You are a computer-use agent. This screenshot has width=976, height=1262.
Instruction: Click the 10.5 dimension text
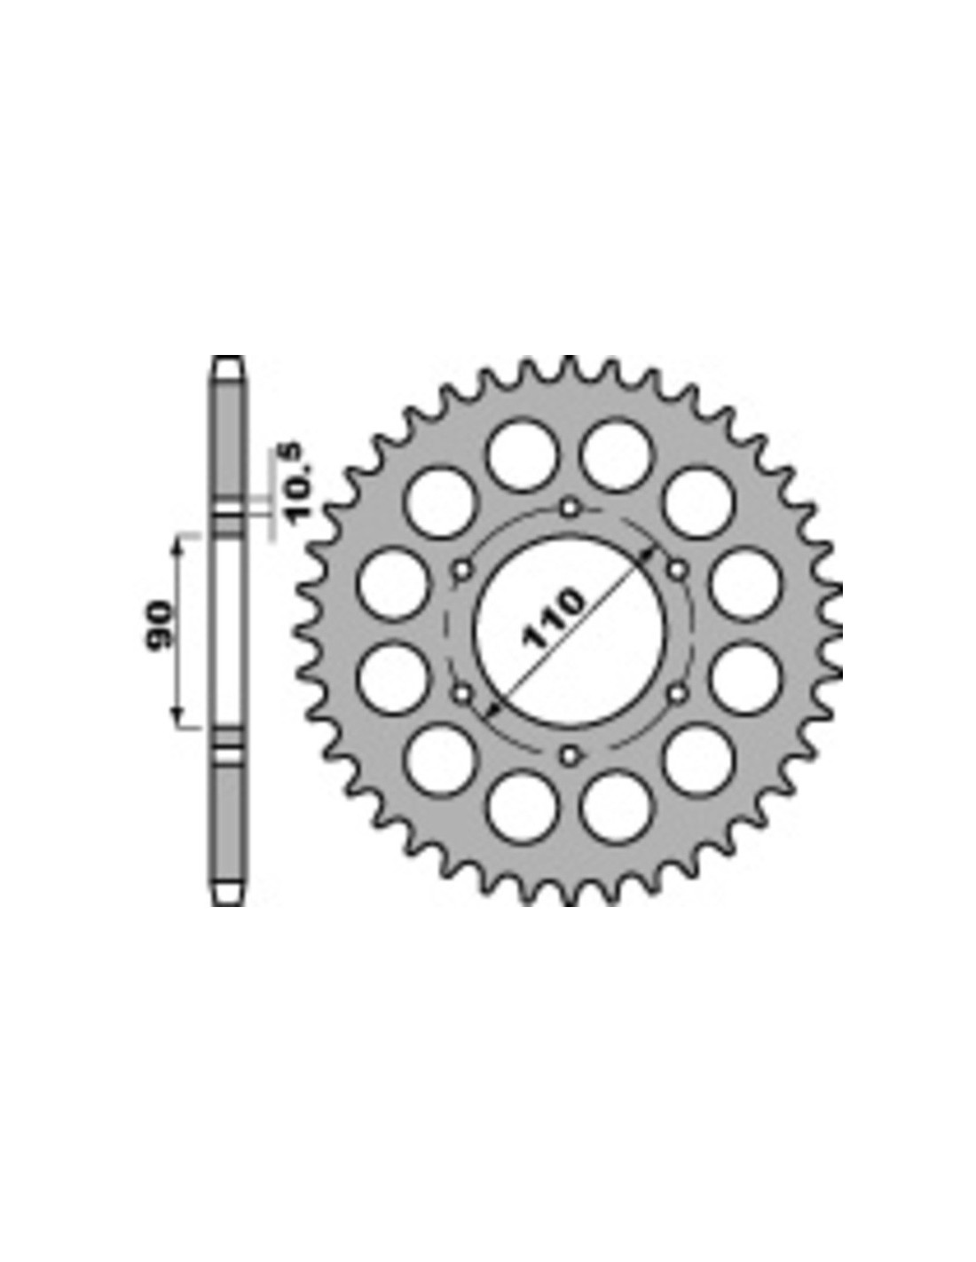[x=302, y=483]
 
